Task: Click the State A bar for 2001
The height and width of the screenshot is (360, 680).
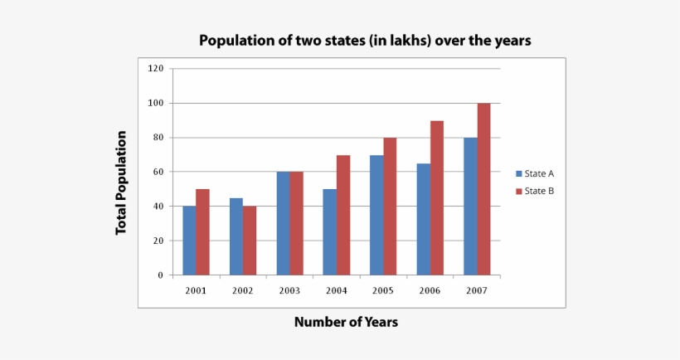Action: [x=189, y=241]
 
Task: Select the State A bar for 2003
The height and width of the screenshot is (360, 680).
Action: [x=283, y=223]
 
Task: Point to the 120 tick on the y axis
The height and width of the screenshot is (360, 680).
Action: [x=156, y=69]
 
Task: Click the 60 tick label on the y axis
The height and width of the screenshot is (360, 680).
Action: [x=158, y=172]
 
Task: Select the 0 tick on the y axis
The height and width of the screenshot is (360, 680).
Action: [x=161, y=275]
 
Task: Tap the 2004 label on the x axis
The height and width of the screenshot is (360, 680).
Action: [x=336, y=290]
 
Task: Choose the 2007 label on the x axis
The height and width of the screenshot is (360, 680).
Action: [x=476, y=290]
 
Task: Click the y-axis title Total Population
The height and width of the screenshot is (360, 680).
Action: [x=121, y=182]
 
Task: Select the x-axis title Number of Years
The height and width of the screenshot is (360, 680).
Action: [x=346, y=322]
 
